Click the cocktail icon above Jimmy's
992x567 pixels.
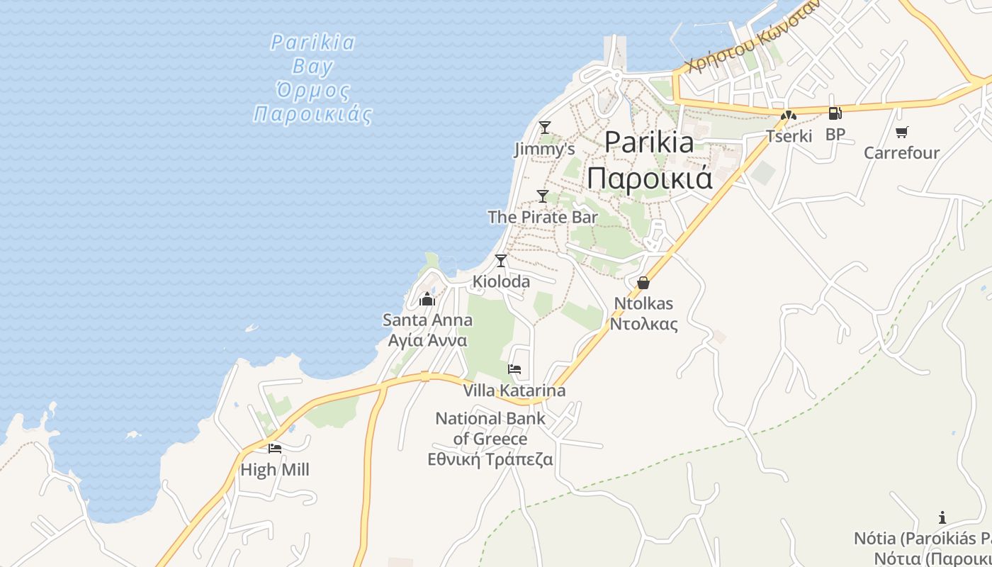544,128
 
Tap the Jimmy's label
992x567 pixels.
544,150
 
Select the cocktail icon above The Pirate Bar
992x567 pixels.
543,196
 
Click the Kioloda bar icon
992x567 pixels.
501,261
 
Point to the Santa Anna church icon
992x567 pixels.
427,300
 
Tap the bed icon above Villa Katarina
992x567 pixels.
514,369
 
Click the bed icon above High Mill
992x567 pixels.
275,449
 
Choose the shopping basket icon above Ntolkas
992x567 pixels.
643,283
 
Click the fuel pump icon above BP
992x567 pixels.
835,113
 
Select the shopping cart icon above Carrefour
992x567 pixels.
902,132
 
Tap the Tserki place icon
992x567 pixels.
789,116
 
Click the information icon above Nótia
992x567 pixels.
942,517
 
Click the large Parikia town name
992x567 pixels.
649,143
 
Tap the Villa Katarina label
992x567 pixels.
514,391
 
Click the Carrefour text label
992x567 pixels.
901,153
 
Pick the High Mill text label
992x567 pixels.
275,470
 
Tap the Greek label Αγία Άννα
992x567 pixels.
427,340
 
